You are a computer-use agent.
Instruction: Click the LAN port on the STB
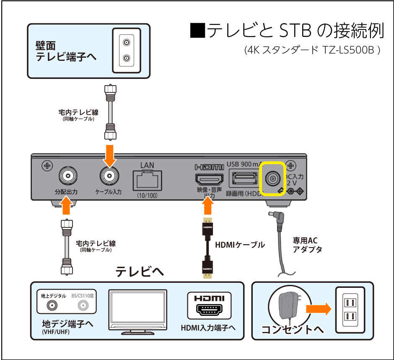147,181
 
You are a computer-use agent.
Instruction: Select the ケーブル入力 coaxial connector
109,176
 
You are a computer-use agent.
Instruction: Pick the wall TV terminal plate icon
126,50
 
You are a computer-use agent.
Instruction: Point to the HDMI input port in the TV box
209,309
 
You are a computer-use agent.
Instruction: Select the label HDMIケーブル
240,245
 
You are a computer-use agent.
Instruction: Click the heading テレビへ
140,272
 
